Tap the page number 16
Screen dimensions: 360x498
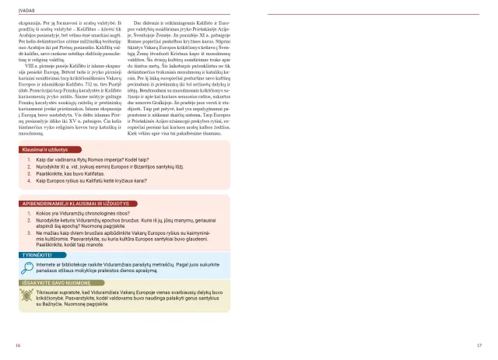click(17, 345)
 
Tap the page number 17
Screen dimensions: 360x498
click(480, 345)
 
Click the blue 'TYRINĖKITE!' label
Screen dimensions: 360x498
click(37, 253)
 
